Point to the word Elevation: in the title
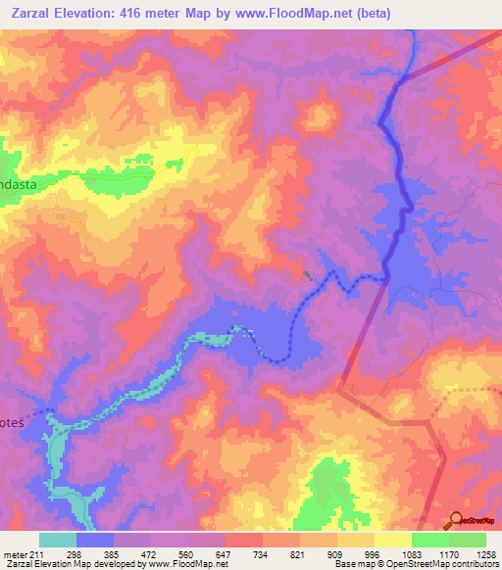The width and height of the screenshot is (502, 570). (86, 12)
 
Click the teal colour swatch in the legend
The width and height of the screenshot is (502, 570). (58, 540)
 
